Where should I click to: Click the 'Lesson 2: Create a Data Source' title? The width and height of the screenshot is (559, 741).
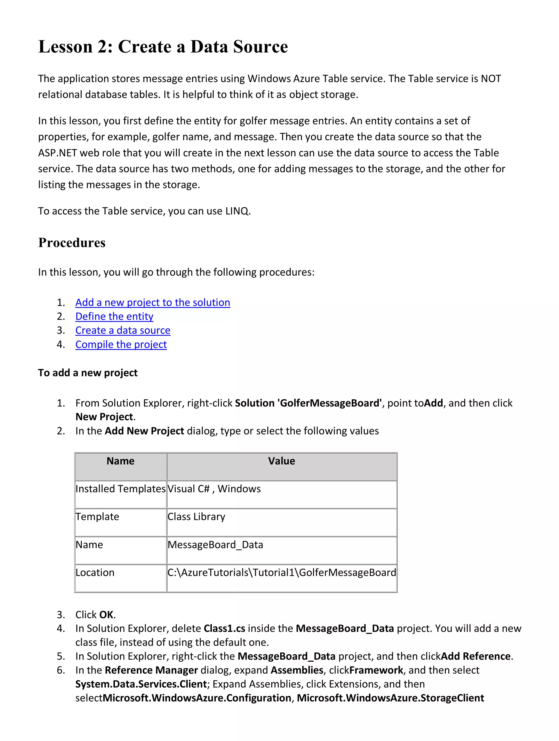coord(163,47)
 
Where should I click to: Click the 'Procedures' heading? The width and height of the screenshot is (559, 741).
coord(72,243)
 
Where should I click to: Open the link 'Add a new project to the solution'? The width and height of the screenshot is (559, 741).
coord(153,303)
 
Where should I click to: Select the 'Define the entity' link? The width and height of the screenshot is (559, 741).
coord(114,317)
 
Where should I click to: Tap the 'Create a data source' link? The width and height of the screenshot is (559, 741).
coord(123,330)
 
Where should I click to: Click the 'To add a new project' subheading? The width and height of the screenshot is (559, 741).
coord(88,373)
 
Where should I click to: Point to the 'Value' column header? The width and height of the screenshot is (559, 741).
coord(281,461)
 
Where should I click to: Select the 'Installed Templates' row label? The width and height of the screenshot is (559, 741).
coord(120,489)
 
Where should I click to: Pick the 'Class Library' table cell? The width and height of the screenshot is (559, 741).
coord(196,517)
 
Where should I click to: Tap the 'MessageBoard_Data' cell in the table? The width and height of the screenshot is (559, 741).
coord(215,545)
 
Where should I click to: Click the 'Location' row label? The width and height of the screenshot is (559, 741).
coord(95,573)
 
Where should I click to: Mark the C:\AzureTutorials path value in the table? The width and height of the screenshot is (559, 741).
coord(281,573)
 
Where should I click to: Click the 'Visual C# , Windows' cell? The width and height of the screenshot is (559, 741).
coord(214,489)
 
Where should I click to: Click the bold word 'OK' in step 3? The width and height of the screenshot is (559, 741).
coord(106,615)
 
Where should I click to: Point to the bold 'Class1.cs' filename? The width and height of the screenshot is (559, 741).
coord(224,628)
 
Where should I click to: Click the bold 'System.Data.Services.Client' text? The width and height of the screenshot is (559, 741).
coord(141,684)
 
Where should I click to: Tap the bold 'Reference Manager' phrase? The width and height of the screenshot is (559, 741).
coord(151,670)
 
